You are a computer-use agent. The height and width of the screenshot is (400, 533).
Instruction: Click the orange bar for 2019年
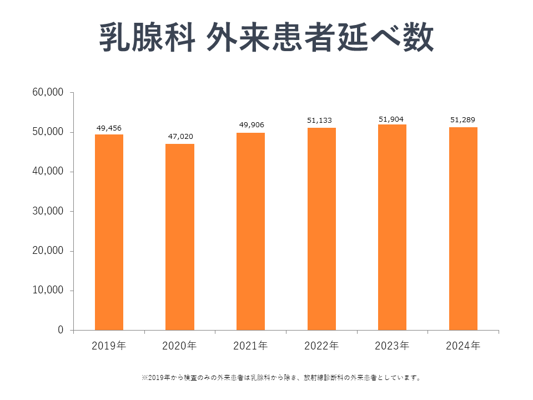point(109,232)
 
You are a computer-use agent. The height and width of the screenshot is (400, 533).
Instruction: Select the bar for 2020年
point(180,237)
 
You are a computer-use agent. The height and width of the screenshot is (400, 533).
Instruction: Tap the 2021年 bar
point(250,231)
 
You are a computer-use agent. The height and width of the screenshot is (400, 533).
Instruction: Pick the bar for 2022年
point(321,229)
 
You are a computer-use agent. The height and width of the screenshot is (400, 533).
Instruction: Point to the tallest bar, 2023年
point(392,227)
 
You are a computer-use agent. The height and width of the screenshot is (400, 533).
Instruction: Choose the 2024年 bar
point(463,228)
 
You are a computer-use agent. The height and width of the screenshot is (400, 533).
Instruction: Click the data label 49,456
point(109,128)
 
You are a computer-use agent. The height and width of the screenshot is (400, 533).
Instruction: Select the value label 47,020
point(180,137)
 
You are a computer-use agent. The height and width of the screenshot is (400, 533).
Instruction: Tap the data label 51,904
point(392,118)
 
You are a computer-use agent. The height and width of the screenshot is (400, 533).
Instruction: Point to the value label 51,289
point(463,119)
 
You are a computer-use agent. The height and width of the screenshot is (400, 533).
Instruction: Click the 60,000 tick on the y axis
point(49,92)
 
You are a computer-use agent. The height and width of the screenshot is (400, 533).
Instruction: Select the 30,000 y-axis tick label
point(49,211)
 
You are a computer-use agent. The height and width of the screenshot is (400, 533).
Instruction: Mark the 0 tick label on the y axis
point(61,330)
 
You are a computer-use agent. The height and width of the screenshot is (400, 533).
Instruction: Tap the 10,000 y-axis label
point(49,291)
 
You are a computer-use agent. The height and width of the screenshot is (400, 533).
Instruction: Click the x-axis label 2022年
point(321,346)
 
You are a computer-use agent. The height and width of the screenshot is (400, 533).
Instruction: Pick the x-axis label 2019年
point(109,346)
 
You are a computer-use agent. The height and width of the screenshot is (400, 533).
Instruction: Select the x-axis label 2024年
point(463,346)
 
